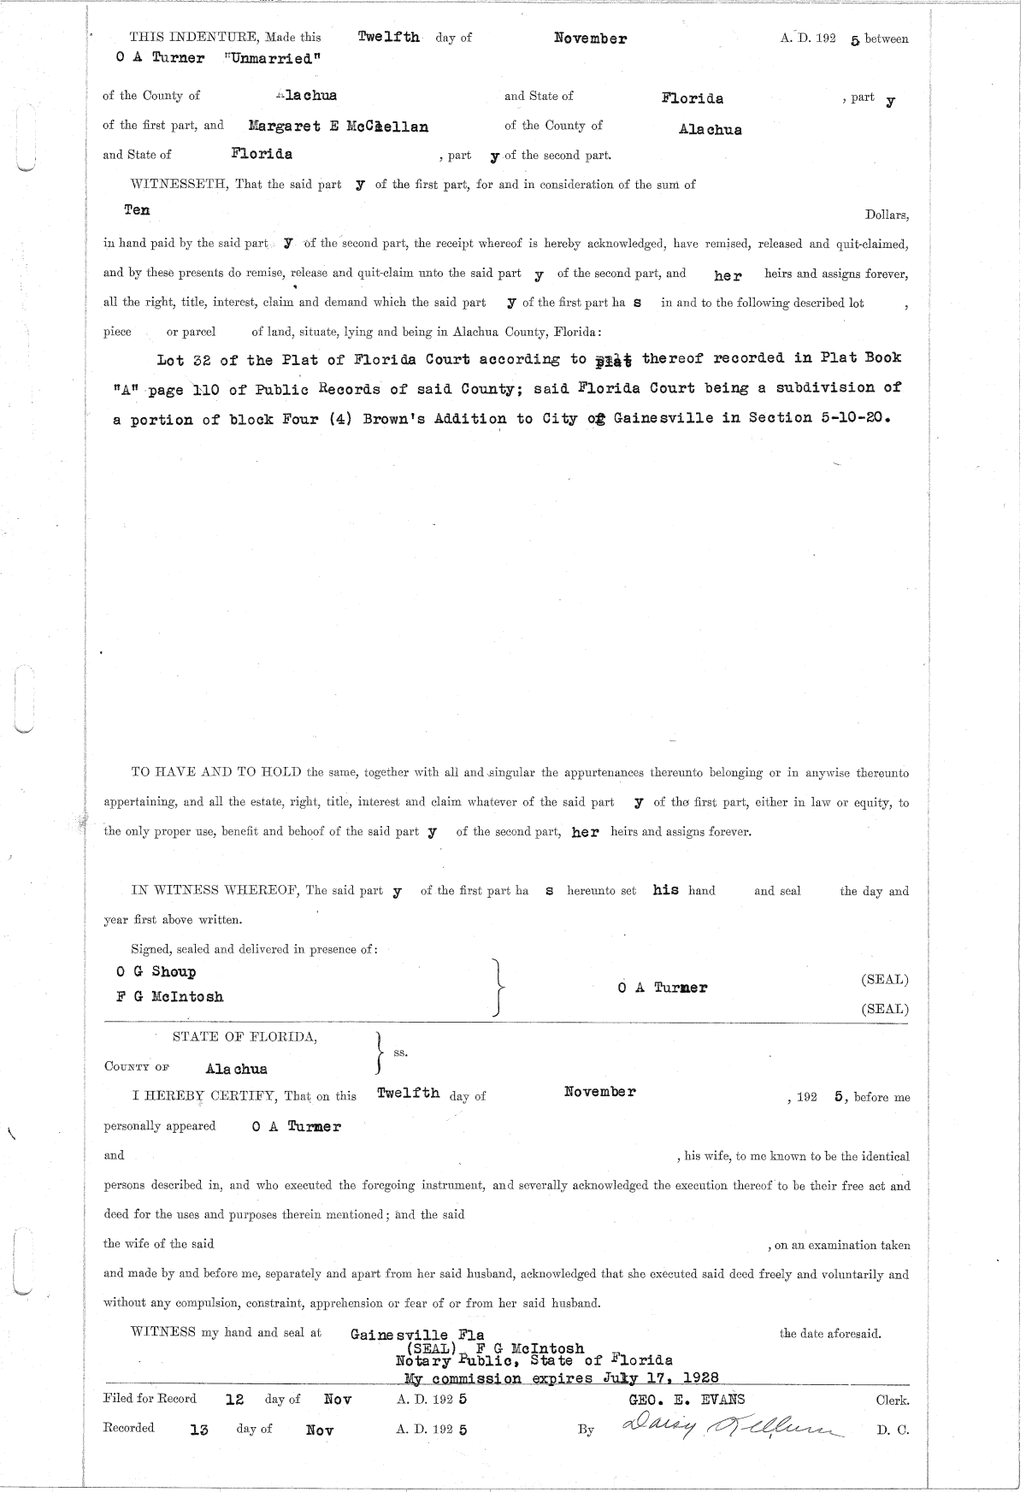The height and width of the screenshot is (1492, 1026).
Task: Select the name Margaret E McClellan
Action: click(x=338, y=127)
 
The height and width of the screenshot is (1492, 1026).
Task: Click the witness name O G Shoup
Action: click(x=156, y=972)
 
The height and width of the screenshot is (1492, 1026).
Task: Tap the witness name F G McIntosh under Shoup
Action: click(x=170, y=996)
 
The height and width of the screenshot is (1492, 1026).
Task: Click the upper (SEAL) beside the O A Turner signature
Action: click(x=884, y=980)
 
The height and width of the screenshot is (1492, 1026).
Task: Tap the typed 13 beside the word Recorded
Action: click(x=199, y=1429)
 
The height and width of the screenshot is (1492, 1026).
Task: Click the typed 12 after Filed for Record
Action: click(x=234, y=1400)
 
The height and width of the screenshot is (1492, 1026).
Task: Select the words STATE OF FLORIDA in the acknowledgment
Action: click(x=245, y=1038)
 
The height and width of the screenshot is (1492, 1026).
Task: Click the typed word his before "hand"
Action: click(x=665, y=890)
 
